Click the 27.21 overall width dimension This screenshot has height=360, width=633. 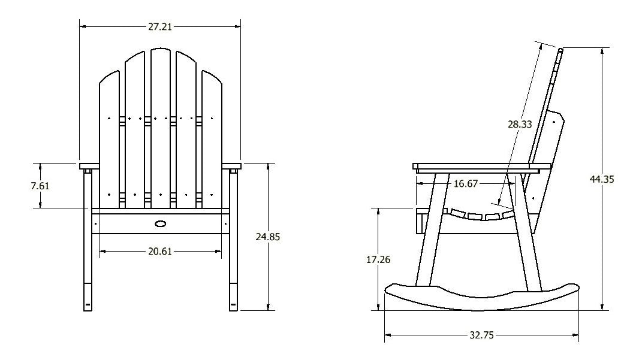point(160,26)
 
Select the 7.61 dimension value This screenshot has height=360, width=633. point(40,185)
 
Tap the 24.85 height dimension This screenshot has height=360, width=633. point(267,237)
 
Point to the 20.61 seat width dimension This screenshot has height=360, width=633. point(160,252)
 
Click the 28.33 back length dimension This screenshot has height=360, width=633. point(520,125)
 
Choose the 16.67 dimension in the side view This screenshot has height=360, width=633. point(466,184)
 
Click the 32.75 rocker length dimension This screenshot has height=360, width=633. point(481,335)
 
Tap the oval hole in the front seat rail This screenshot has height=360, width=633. point(161,224)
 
